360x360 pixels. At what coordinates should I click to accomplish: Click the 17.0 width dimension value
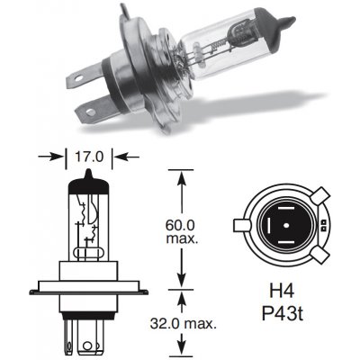[86, 154]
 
